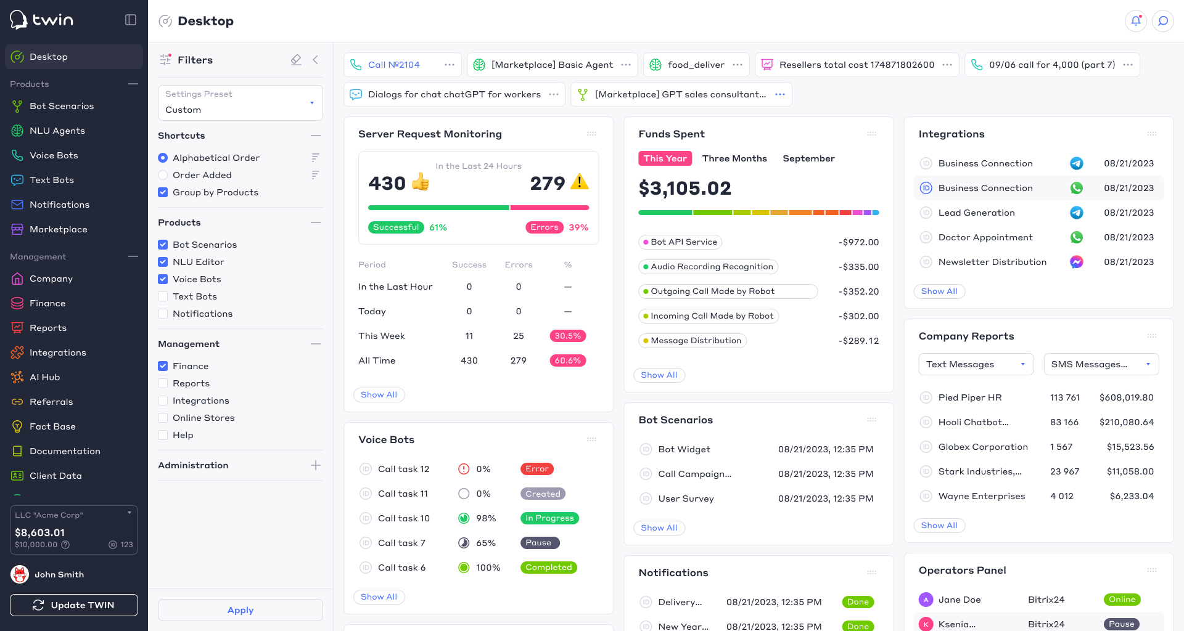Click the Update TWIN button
point(74,605)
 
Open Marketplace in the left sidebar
point(58,229)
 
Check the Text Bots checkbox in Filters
point(163,296)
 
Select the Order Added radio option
point(163,175)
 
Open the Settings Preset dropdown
point(240,103)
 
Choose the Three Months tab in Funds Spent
point(734,158)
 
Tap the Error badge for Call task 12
point(537,469)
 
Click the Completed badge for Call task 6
point(549,568)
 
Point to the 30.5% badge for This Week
point(568,336)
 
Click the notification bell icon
point(1136,21)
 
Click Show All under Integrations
point(939,291)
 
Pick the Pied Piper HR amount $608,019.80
point(1127,397)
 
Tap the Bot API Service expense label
point(680,242)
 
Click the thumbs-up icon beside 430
point(421,182)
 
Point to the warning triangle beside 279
point(580,182)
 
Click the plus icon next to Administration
point(316,465)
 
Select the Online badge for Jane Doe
point(1122,600)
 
